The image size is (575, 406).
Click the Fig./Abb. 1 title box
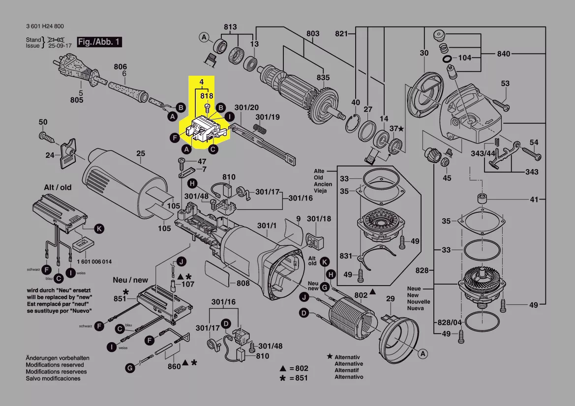(99, 42)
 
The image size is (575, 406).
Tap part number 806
(121, 67)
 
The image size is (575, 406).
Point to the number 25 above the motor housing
(141, 154)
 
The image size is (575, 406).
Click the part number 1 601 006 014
(94, 261)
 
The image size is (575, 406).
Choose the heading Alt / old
(58, 187)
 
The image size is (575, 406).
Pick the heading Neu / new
(130, 280)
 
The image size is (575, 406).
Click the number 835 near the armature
(323, 78)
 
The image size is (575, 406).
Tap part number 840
(504, 54)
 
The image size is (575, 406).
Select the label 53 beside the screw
(506, 84)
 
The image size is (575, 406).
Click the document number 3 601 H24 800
(45, 27)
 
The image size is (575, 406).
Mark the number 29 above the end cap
(390, 299)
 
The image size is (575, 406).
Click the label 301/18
(319, 219)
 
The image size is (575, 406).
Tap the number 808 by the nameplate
(243, 283)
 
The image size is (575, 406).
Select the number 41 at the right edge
(534, 200)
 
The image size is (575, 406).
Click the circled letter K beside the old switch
(99, 229)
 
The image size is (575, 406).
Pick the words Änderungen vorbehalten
(55, 358)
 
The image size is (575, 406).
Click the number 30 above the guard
(424, 53)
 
